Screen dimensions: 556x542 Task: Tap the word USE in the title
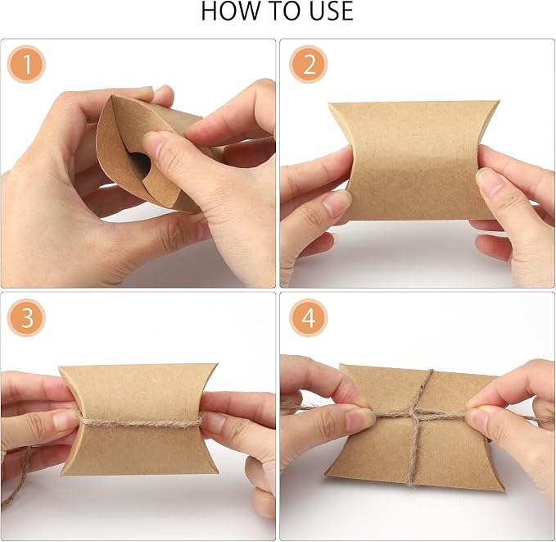[x=331, y=11]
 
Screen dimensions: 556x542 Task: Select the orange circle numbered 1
[x=26, y=64]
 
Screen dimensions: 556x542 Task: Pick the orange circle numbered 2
[x=308, y=64]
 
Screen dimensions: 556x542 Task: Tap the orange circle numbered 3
[x=26, y=317]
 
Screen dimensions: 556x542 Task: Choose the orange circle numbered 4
[x=308, y=317]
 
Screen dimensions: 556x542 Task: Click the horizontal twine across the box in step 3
[x=139, y=421]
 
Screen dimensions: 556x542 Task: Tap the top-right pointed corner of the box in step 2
[x=499, y=102]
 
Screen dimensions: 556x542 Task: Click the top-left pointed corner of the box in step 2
[x=329, y=103]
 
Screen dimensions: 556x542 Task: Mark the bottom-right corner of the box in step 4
[x=504, y=490]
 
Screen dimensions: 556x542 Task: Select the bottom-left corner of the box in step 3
[x=61, y=475]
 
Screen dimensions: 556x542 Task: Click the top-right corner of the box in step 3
[x=216, y=364]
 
